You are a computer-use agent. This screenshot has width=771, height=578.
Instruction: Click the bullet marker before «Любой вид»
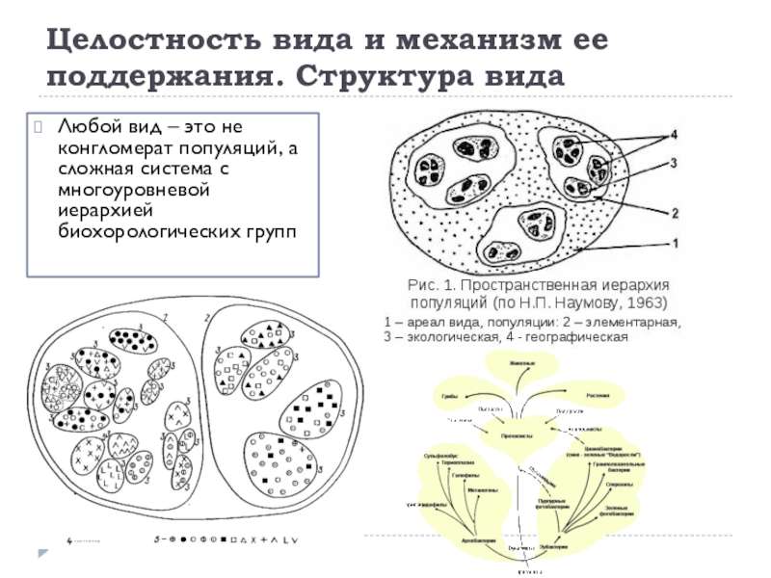tap(40, 126)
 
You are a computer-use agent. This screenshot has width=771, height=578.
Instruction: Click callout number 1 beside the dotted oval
tap(674, 245)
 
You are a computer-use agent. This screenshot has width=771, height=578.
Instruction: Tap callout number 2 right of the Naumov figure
tap(674, 212)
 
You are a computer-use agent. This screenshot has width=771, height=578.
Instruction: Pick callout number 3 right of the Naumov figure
tap(674, 163)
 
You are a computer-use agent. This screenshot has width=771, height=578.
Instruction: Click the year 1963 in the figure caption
tap(639, 303)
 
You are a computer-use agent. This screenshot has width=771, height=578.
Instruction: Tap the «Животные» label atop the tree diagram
tap(523, 362)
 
